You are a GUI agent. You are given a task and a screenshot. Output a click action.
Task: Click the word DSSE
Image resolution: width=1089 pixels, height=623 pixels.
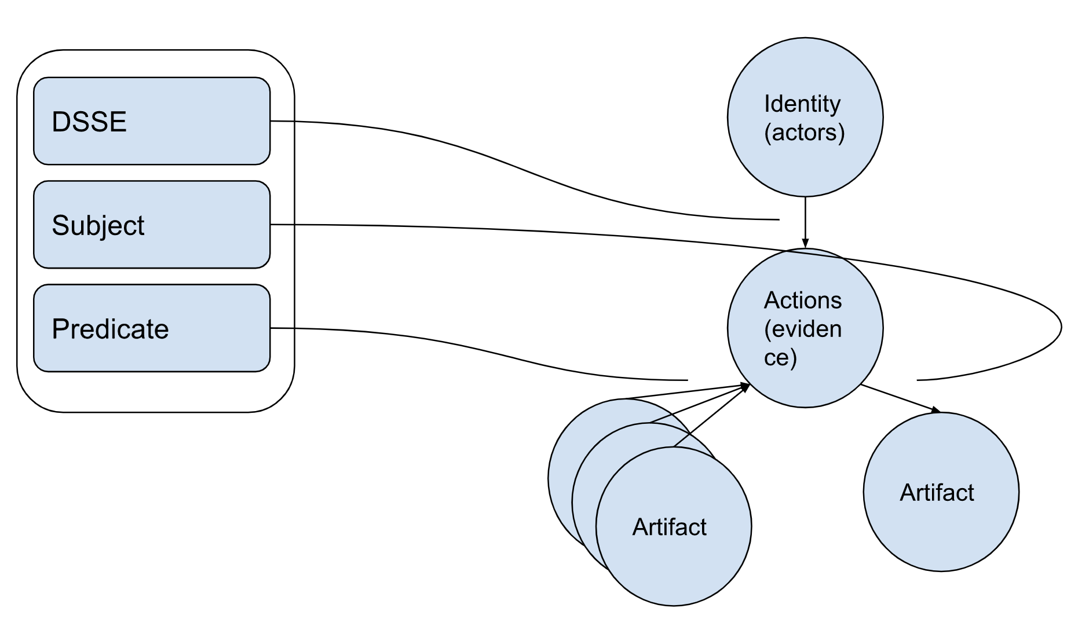coord(89,122)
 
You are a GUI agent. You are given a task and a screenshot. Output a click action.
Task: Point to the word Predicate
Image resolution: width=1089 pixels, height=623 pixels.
coord(110,329)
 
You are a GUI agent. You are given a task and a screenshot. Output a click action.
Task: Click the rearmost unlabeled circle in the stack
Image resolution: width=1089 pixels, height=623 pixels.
coord(560,475)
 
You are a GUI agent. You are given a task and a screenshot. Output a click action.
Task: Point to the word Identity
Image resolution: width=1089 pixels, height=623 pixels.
coord(802,104)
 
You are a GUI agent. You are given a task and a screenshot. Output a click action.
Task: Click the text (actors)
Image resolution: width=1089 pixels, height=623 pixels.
coord(804,132)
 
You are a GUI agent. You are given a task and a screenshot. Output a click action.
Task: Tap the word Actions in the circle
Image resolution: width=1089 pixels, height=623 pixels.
coord(802,300)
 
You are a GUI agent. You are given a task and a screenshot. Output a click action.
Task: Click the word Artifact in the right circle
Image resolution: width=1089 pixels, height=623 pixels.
coord(937,493)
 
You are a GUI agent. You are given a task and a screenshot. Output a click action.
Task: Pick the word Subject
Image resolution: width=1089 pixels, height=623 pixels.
coord(98,225)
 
